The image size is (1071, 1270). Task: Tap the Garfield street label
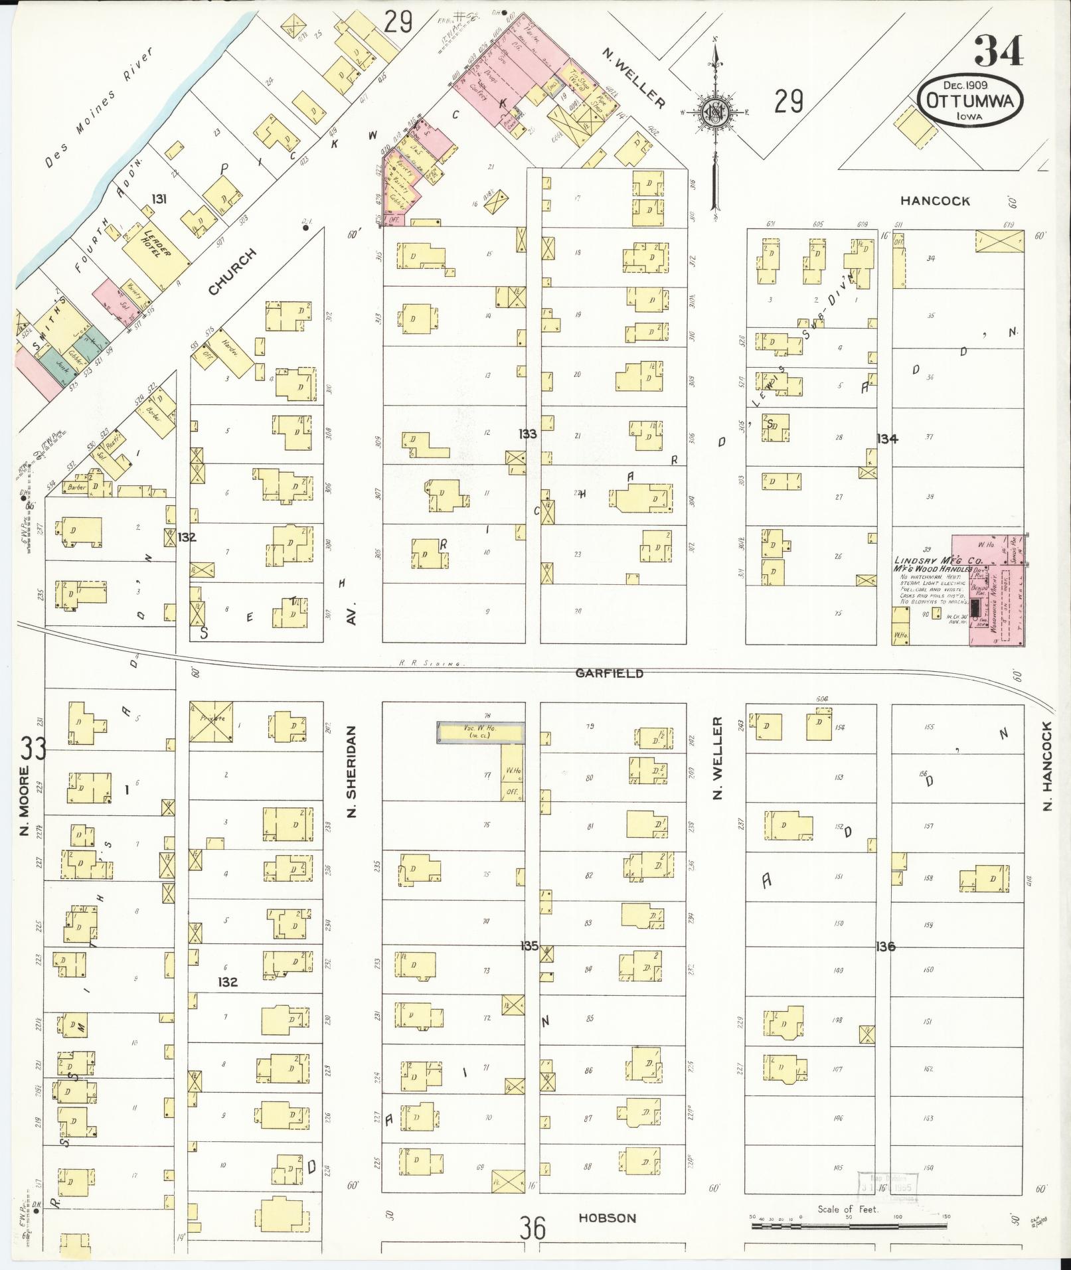[x=609, y=673]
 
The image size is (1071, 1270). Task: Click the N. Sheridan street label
[x=352, y=771]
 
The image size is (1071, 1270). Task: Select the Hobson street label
[x=607, y=1218]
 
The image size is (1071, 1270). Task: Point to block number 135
[x=529, y=946]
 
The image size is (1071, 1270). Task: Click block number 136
[x=885, y=947]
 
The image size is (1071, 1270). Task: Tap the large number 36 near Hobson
[x=533, y=1228]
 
